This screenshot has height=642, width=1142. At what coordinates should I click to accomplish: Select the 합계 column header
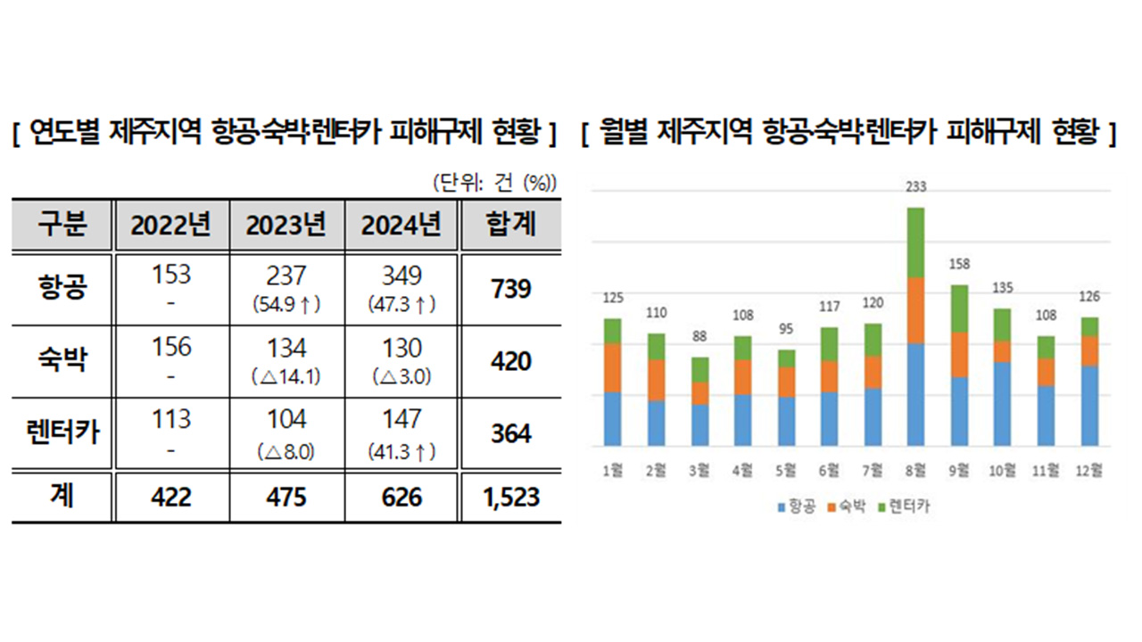510,225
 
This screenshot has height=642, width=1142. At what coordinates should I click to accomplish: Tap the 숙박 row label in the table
62,361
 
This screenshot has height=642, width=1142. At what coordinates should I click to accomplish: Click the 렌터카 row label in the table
62,433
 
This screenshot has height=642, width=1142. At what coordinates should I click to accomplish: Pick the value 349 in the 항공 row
401,276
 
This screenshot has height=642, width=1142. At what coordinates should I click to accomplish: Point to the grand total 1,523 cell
510,496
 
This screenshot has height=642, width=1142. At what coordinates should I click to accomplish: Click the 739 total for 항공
510,289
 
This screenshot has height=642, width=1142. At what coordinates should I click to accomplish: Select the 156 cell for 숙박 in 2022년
171,348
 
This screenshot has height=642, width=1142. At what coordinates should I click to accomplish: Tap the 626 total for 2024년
401,496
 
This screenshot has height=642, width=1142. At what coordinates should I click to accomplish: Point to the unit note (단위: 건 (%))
494,183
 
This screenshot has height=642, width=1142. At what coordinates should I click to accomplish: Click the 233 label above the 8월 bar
916,188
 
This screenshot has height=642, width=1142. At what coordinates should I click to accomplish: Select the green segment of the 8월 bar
916,243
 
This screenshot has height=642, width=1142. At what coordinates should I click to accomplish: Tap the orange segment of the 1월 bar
612,367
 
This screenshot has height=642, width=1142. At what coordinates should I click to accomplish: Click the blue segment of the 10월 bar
1002,404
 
